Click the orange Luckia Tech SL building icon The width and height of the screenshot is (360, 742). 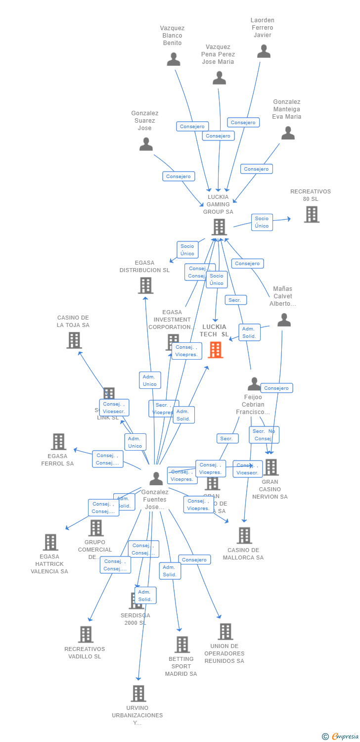click(215, 350)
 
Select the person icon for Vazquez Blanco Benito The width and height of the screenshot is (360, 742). click(173, 59)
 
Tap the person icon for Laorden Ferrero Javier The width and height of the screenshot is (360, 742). click(264, 51)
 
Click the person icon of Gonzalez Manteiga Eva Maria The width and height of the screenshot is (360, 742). click(288, 133)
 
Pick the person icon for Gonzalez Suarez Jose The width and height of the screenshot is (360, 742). click(146, 144)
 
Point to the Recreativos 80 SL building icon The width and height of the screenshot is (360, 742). click(312, 214)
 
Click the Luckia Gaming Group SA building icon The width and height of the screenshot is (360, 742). click(219, 227)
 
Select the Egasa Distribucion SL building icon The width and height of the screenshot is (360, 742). click(145, 285)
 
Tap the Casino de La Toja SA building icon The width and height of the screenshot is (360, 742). click(74, 340)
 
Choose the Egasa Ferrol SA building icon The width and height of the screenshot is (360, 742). click(58, 442)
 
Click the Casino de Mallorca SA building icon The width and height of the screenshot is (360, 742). click(244, 535)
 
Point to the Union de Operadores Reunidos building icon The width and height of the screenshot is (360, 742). click(225, 631)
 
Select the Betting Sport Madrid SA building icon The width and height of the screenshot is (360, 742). click(182, 644)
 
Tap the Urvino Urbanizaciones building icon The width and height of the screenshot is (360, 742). click(138, 694)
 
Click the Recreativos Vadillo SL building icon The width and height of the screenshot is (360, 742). click(86, 634)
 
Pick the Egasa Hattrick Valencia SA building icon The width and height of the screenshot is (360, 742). click(50, 542)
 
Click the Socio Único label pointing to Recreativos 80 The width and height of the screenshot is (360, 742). click(262, 222)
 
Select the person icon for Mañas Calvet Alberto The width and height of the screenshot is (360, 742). click(284, 320)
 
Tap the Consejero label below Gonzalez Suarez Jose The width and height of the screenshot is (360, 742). click(178, 177)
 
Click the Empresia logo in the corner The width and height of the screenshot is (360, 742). click(340, 737)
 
